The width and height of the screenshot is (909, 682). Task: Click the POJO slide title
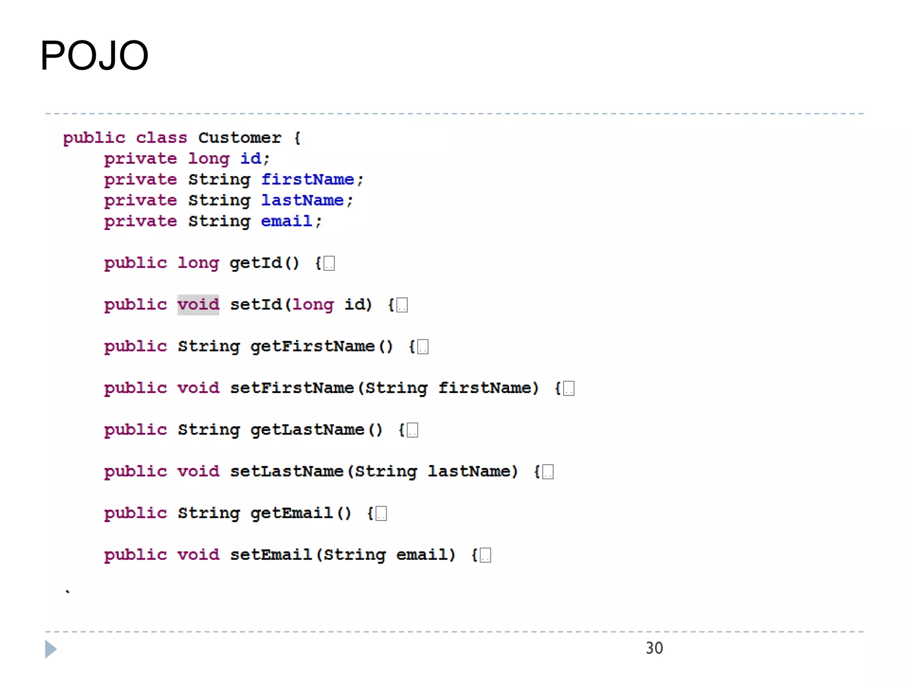(94, 56)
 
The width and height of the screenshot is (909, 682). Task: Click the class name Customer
(239, 138)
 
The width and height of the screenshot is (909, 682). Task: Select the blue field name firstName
(307, 179)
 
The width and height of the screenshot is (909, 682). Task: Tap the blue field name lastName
(302, 200)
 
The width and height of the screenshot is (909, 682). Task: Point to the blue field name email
(286, 221)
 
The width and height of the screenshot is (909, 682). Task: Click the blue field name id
(251, 159)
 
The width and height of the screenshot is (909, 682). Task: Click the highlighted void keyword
(198, 305)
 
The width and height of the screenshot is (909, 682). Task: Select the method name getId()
(264, 263)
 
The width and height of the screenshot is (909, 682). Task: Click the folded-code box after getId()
(329, 263)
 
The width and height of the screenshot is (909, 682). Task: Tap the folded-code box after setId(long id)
(402, 305)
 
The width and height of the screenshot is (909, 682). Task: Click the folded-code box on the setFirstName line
(569, 389)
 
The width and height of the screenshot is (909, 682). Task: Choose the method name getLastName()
(316, 430)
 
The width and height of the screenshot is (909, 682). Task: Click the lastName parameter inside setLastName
(472, 472)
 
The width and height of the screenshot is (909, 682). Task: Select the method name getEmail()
(300, 513)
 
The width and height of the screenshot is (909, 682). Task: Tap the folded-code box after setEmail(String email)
(486, 555)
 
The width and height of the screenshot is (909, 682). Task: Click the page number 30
(654, 648)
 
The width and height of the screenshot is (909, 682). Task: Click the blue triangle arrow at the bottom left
(51, 649)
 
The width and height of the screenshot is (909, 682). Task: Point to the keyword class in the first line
(162, 138)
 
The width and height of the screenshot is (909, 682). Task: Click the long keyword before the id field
(209, 159)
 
